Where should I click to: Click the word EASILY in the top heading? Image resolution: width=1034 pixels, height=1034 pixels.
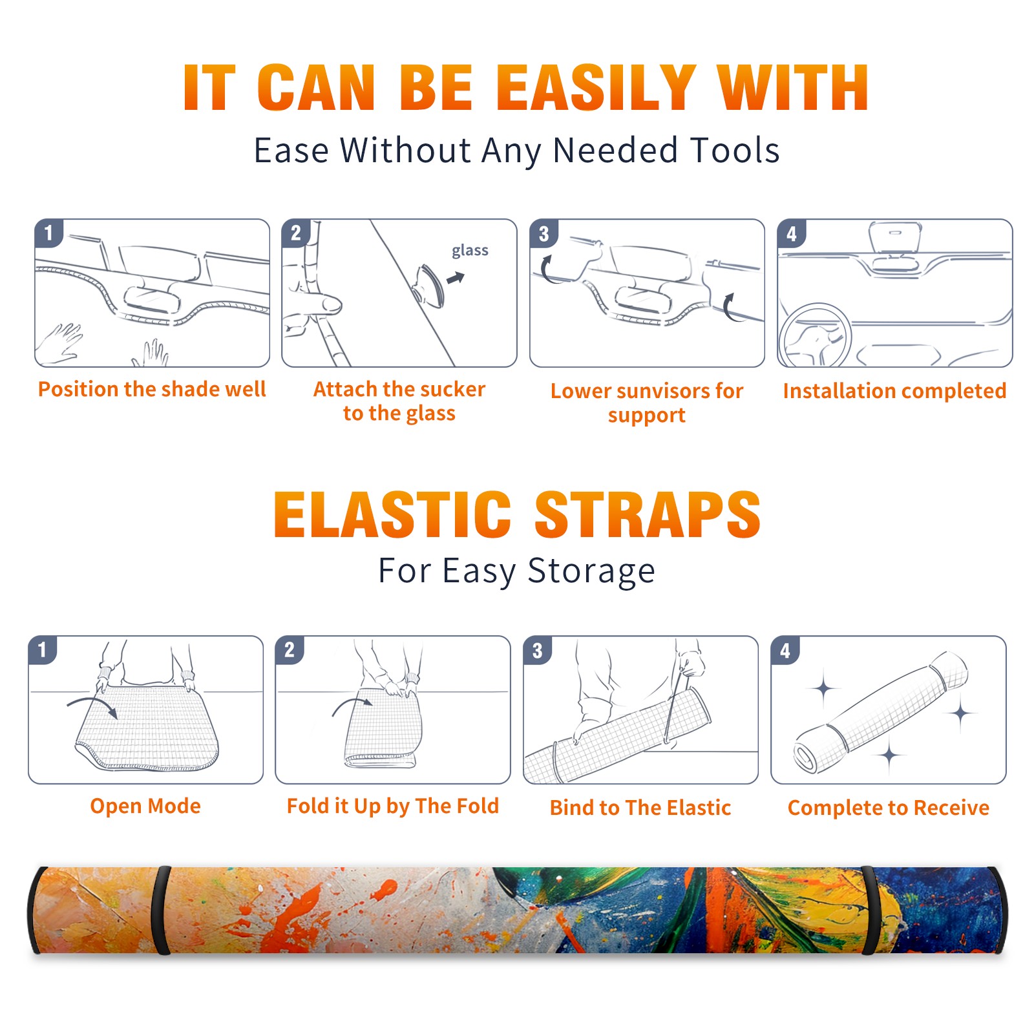pyautogui.click(x=596, y=88)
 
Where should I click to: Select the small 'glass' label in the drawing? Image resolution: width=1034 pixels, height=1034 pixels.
pyautogui.click(x=470, y=250)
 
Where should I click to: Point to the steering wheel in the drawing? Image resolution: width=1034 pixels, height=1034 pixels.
pyautogui.click(x=815, y=335)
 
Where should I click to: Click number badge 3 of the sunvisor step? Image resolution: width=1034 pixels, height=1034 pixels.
pyautogui.click(x=543, y=233)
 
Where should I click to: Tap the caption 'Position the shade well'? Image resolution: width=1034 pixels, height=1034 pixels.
pyautogui.click(x=152, y=389)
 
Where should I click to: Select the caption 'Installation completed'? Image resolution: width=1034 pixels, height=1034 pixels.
pyautogui.click(x=894, y=391)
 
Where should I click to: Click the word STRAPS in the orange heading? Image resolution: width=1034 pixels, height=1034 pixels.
pyautogui.click(x=648, y=514)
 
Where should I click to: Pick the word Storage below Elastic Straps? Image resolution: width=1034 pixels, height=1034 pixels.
pyautogui.click(x=591, y=571)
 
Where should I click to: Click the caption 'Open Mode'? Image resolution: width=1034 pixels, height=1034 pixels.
pyautogui.click(x=145, y=806)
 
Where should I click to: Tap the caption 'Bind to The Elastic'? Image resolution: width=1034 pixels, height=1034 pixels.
pyautogui.click(x=640, y=808)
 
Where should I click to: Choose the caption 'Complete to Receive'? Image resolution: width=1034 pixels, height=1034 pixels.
pyautogui.click(x=889, y=808)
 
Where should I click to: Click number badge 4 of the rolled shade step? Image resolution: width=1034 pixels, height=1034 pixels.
pyautogui.click(x=785, y=650)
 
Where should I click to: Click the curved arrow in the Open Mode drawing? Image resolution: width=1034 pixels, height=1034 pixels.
pyautogui.click(x=93, y=703)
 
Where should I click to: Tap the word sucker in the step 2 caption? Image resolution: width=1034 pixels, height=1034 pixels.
pyautogui.click(x=452, y=389)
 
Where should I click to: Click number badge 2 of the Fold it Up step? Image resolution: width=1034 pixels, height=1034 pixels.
pyautogui.click(x=290, y=650)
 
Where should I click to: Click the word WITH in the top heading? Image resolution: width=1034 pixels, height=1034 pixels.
pyautogui.click(x=793, y=88)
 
